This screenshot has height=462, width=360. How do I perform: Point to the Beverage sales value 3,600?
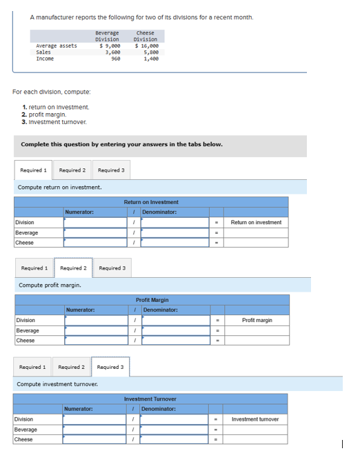tap(112, 52)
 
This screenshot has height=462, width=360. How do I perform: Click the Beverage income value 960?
tap(116, 59)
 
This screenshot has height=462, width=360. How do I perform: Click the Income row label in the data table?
tap(45, 59)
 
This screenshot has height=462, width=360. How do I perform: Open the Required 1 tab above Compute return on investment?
tap(33, 170)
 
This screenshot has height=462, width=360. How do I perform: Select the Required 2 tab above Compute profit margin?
tap(73, 268)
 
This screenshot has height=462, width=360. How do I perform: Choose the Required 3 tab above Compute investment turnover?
tap(110, 367)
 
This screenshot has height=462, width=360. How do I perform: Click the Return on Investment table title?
tap(151, 202)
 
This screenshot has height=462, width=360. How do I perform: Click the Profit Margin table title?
tap(152, 300)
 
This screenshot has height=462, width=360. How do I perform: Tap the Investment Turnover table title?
tap(150, 399)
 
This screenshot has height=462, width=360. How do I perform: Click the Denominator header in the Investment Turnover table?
tap(159, 409)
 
